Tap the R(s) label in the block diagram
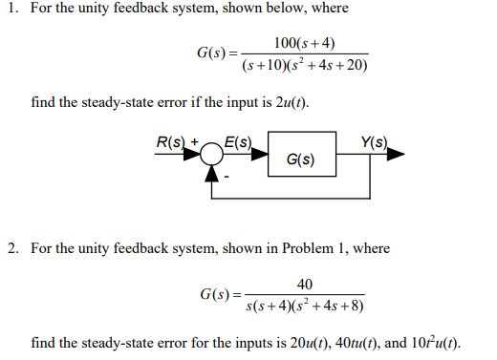172,144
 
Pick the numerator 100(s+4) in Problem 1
303,43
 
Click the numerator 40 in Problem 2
305,284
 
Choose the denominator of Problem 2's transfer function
305,307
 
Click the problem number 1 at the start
11,9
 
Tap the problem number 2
12,248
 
